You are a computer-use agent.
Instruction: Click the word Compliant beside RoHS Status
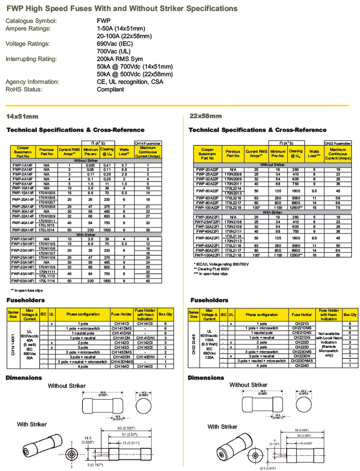point(110,89)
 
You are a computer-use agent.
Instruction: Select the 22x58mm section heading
point(206,116)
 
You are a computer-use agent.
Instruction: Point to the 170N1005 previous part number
point(46,192)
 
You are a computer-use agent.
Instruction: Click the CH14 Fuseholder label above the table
point(148,143)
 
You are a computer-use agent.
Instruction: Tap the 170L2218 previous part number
point(233,208)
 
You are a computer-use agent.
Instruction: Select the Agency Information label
point(32,82)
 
